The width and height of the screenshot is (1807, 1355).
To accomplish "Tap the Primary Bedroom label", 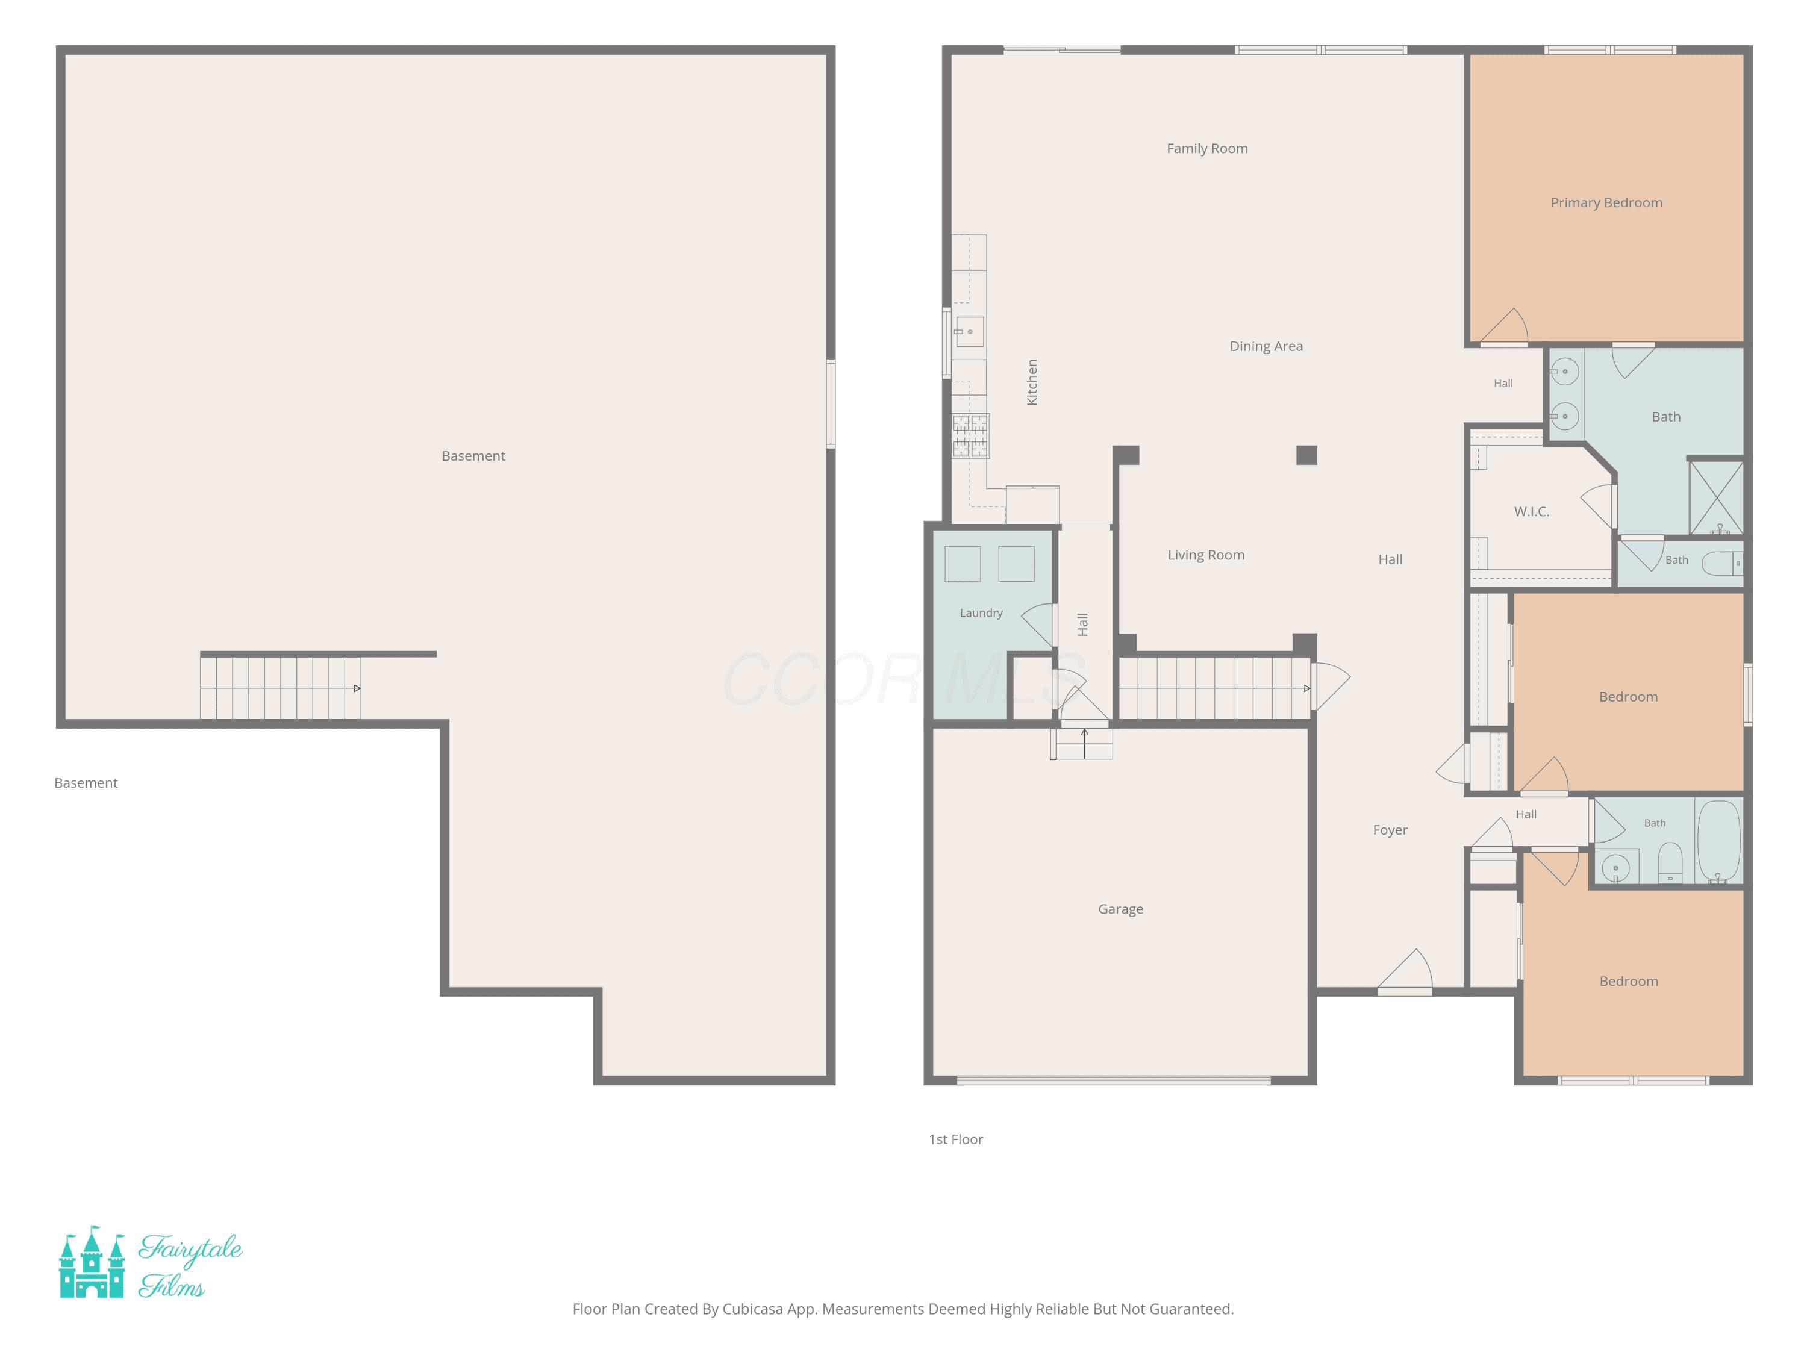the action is point(1606,202).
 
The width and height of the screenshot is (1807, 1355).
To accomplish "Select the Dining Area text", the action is point(1266,346).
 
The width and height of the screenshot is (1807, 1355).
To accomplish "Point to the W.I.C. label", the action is point(1532,511).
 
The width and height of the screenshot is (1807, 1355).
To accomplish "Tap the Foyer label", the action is point(1390,830).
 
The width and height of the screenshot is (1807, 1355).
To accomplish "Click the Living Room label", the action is point(1206,555).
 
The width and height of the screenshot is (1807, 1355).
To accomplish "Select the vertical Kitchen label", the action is point(1032,382).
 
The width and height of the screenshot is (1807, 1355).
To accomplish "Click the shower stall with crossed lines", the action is point(1715,498).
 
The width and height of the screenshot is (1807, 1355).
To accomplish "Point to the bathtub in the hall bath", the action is point(1719,841).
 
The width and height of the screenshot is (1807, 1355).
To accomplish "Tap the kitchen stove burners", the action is point(970,435).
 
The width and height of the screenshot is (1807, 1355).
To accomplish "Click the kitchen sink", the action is point(970,332).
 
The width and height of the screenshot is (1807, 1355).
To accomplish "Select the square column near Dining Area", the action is point(1306,455).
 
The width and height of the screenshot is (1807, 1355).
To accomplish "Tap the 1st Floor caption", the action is point(956,1139).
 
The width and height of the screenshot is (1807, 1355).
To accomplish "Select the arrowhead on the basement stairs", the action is point(357,688).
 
